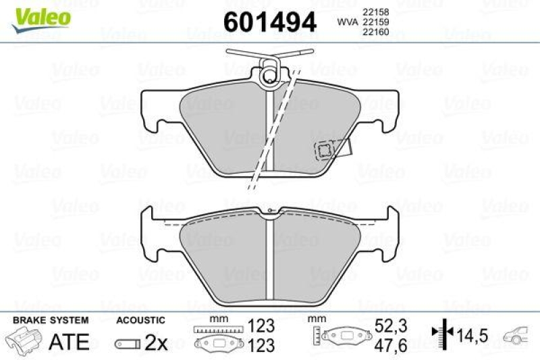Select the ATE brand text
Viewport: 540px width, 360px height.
point(70,342)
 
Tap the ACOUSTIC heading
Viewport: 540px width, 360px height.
point(140,320)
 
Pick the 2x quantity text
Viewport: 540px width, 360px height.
point(157,343)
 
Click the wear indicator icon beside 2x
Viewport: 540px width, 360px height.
point(127,344)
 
